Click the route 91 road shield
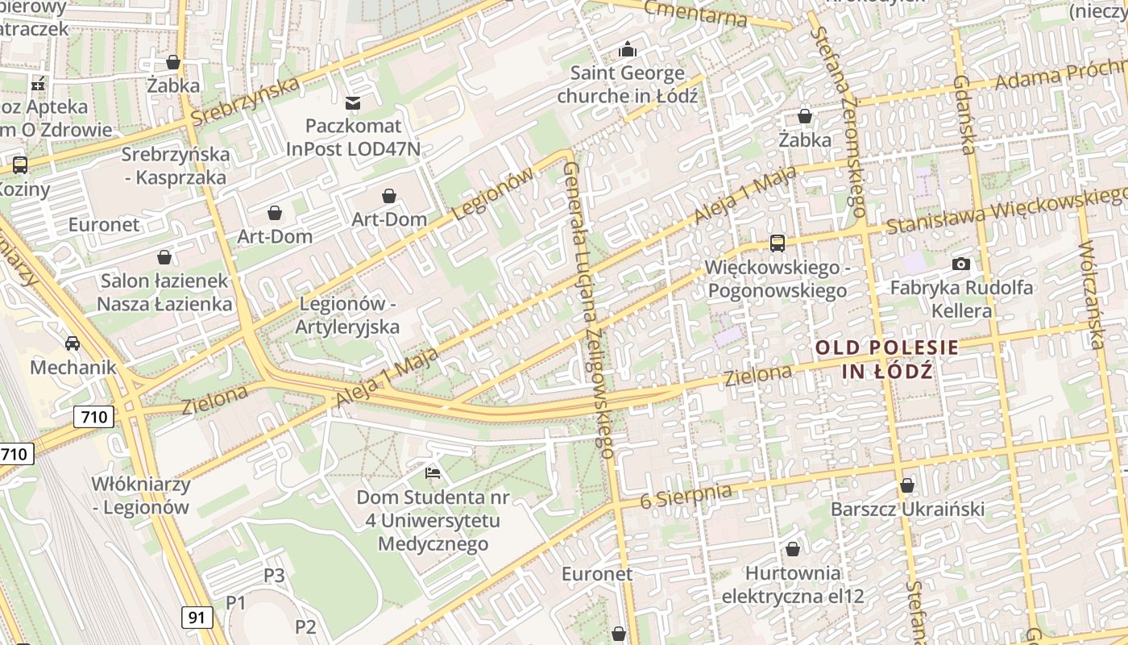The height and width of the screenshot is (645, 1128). [x=197, y=618]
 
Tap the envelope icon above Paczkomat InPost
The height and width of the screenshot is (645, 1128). [x=353, y=102]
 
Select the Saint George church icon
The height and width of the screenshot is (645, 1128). [x=628, y=50]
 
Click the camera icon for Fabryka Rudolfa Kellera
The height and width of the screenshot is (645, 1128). [x=960, y=264]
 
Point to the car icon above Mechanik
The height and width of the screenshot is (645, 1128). [x=73, y=343]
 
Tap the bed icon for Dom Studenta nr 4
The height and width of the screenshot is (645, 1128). [x=433, y=472]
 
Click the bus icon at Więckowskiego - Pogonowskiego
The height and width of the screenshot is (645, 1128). [x=777, y=243]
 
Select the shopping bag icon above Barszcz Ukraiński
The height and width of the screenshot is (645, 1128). [x=907, y=485]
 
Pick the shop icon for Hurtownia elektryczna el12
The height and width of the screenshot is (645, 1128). [x=793, y=549]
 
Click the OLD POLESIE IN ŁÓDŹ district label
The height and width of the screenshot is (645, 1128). [x=887, y=360]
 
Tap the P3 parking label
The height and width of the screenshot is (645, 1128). [x=275, y=575]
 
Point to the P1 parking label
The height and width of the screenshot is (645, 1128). [x=235, y=602]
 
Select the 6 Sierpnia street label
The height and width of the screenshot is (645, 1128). [x=686, y=495]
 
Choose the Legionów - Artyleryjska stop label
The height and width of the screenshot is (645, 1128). [x=347, y=315]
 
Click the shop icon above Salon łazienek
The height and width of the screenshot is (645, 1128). [x=164, y=257]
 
